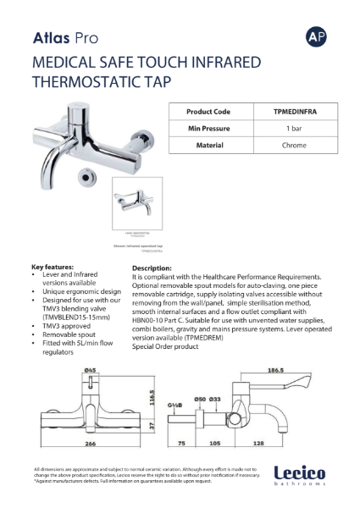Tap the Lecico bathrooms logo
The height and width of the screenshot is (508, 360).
302,476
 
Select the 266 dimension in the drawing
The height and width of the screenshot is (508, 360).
85,442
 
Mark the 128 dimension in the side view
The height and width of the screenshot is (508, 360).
280,442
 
